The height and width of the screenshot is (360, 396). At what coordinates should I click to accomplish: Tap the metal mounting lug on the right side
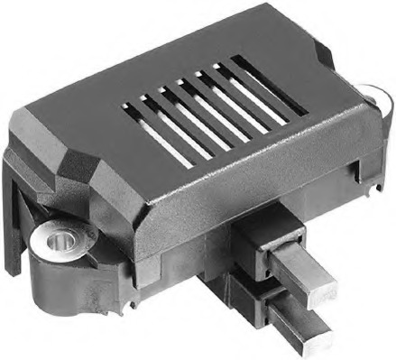tap(373, 93)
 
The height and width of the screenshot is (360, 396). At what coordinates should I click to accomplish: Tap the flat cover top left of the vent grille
tap(81, 108)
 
